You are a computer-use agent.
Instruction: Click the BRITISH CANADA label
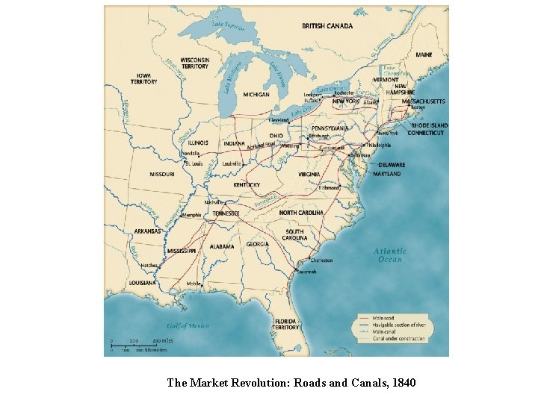coord(327,26)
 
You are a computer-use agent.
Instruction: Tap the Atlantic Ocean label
coord(390,255)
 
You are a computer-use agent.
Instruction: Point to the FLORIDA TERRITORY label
coord(285,324)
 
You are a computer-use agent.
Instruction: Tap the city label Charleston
coord(322,260)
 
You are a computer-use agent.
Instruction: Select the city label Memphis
coord(191,214)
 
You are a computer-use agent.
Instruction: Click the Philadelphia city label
coord(379,145)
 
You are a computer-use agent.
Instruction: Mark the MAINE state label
coord(424,54)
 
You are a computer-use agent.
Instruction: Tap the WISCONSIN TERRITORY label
coord(194,63)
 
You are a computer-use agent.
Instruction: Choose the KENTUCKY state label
coord(247,184)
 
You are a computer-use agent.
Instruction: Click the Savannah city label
coord(308,272)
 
